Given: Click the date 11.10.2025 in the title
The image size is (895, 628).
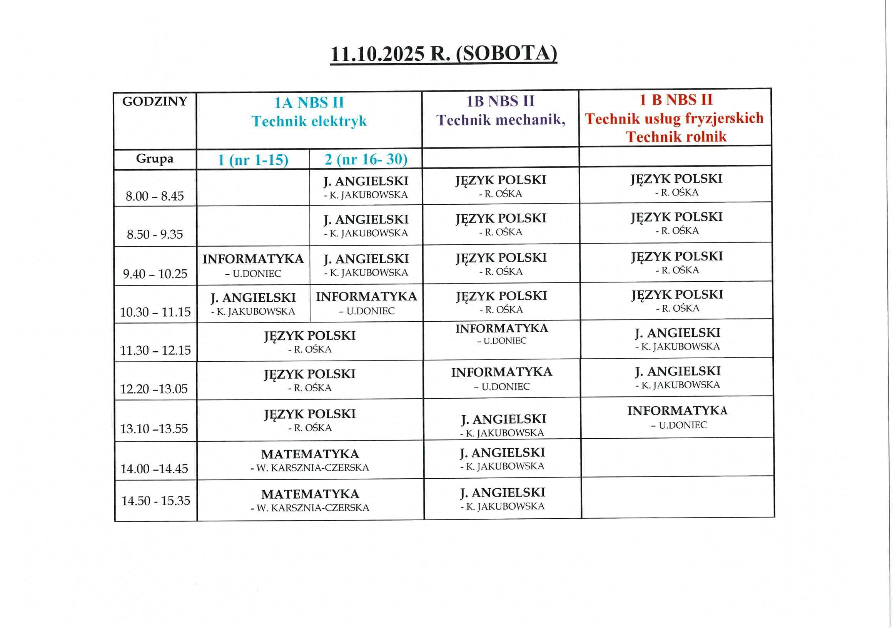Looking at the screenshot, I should click(377, 54).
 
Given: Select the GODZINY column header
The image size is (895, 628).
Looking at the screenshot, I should click(155, 101).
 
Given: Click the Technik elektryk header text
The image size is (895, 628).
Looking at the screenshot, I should click(309, 121).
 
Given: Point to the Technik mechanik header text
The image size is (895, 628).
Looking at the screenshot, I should click(501, 120).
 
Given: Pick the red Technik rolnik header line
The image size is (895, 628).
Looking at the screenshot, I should click(676, 137).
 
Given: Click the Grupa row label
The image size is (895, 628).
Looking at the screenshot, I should click(155, 159).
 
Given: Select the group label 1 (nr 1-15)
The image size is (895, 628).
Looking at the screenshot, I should click(253, 160).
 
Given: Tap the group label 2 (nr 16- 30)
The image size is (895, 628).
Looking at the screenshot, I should click(366, 159).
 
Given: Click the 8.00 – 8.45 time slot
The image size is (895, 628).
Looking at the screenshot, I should click(155, 196).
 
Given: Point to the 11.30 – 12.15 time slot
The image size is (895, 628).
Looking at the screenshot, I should click(155, 350).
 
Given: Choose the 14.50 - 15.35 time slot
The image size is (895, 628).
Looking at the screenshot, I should click(155, 501).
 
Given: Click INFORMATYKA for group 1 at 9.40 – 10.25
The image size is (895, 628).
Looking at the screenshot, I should click(253, 259).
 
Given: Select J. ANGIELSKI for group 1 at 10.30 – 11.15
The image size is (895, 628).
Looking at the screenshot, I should click(253, 298).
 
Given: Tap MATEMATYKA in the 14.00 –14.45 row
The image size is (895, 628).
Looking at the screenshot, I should click(310, 454).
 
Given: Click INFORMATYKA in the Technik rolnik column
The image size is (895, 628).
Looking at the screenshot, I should click(677, 411).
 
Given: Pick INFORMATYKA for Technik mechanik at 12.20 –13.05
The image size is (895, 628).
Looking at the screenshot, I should click(502, 372).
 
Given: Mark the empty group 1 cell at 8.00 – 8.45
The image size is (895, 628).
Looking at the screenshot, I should click(253, 187).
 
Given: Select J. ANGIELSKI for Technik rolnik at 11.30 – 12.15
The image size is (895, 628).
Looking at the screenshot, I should click(678, 333).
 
